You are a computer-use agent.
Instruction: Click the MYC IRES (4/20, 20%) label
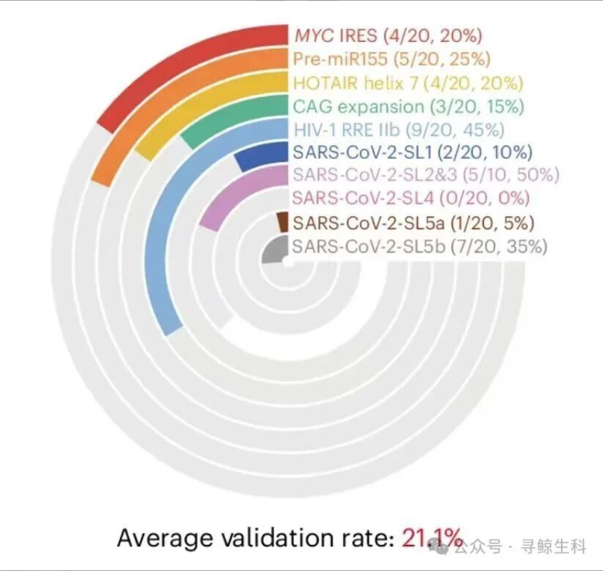388,36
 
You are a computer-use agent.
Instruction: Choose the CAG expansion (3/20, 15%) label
408,107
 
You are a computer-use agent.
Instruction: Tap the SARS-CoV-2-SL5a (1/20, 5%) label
414,223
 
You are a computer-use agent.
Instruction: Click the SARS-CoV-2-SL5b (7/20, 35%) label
420,246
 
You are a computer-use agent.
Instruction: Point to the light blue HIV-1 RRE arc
160,227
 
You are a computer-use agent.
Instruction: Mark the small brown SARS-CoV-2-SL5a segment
282,222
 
